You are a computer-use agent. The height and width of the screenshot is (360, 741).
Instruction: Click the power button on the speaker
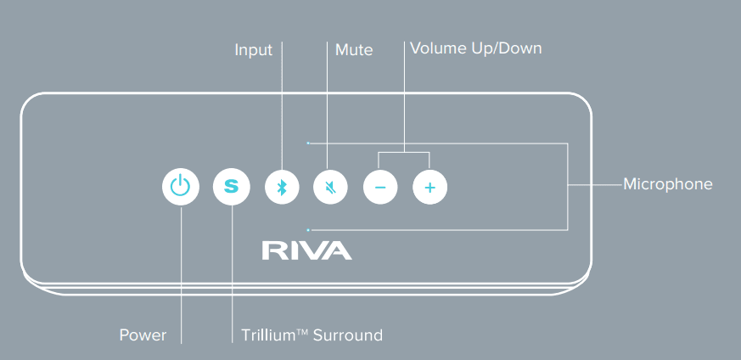181,187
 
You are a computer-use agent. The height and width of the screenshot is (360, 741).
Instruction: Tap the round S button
231,187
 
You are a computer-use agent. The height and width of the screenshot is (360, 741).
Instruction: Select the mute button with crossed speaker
330,187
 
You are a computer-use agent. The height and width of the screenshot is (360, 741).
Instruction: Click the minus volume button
380,187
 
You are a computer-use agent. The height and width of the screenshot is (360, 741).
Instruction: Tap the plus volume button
429,187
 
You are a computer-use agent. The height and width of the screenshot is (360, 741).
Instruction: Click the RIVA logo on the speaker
306,250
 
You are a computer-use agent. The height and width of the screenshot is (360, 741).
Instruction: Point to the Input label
253,50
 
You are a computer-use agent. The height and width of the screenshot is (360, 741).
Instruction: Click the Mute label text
354,50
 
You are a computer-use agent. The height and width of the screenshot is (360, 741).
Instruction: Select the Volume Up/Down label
475,48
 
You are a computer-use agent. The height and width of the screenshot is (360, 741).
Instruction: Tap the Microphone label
667,184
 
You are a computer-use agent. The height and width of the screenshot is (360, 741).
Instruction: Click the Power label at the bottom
143,335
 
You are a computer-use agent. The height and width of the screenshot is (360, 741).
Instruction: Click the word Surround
347,335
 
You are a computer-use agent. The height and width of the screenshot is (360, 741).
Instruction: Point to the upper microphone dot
309,143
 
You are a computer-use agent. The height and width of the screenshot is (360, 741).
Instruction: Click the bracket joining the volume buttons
404,153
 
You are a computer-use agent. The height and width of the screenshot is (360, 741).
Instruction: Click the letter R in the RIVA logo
272,250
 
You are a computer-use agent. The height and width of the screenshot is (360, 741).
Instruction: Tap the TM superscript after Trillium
301,332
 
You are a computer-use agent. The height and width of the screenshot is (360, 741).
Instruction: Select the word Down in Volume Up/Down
519,48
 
